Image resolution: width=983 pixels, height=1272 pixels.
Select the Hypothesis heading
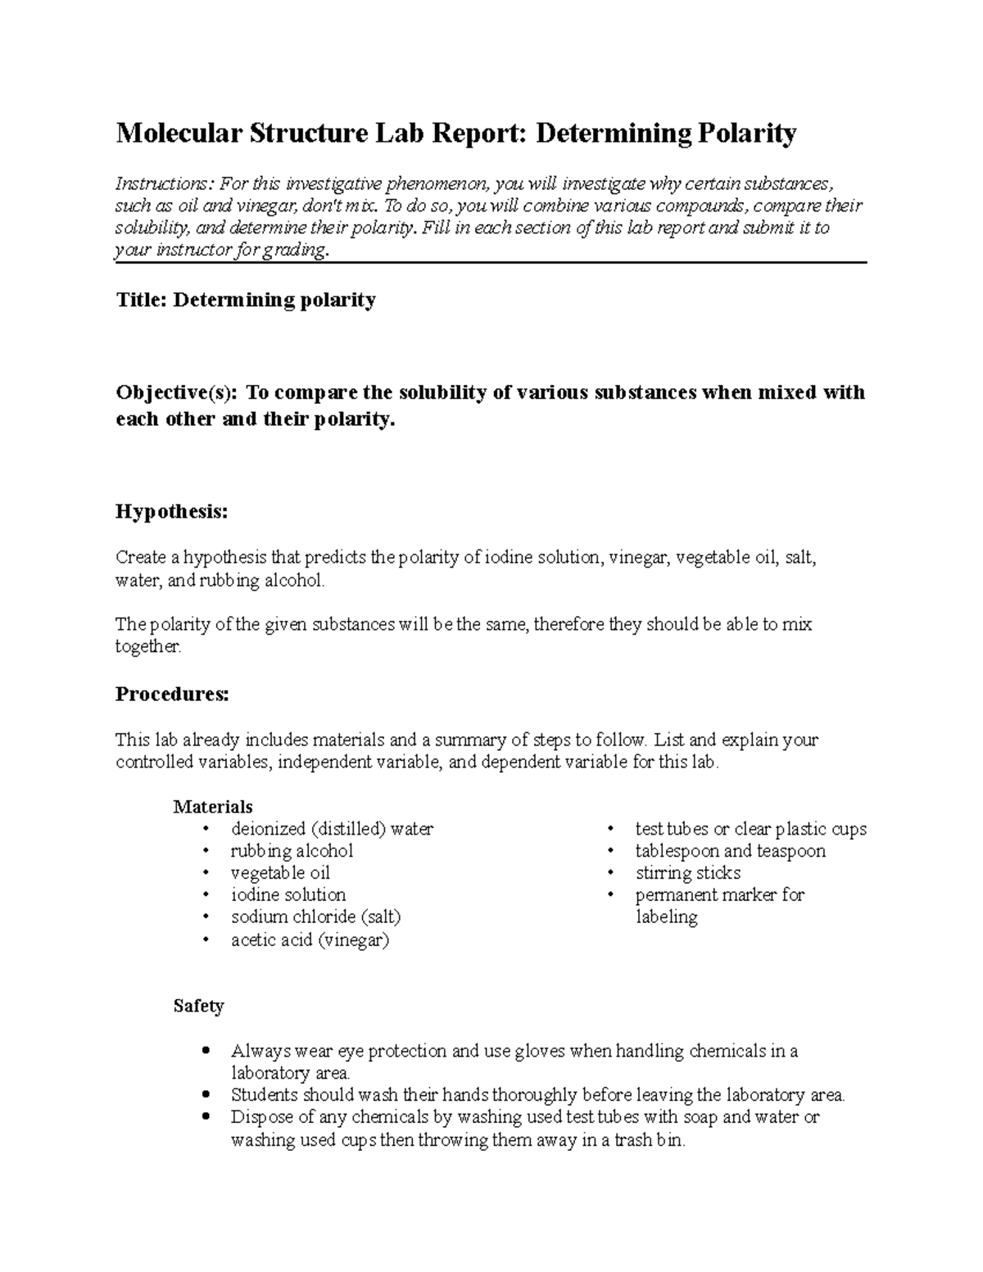coord(171,512)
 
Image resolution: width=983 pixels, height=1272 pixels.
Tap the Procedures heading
coord(172,695)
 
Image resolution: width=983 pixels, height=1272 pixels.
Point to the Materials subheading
coord(213,807)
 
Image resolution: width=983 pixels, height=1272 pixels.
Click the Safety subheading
coord(198,1006)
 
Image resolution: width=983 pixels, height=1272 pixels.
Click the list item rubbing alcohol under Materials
coord(292,851)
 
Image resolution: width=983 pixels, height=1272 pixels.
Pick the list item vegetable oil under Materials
coord(280,873)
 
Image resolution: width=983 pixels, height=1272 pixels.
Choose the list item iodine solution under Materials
coord(288,895)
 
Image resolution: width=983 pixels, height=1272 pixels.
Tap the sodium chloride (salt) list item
coord(315,917)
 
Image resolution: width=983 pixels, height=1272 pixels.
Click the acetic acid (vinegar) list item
coord(310,940)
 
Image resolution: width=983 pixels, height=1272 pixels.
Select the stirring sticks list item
coord(687,873)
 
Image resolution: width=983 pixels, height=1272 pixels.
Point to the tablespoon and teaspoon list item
coord(730,851)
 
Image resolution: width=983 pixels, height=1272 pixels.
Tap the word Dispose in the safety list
coord(260,1117)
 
